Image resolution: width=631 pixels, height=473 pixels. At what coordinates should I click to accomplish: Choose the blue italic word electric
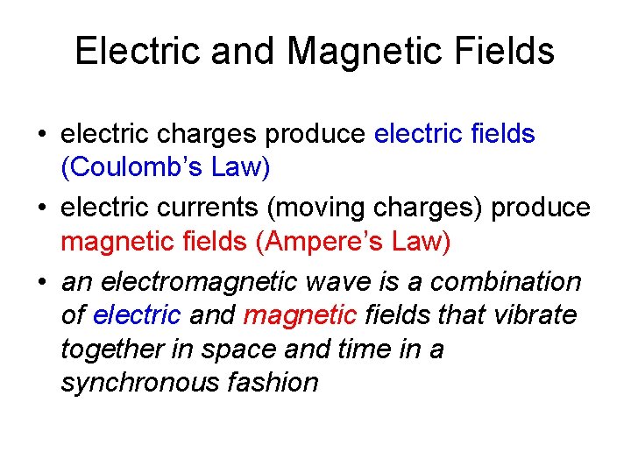(137, 314)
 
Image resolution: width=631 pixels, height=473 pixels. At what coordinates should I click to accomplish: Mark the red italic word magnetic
(301, 314)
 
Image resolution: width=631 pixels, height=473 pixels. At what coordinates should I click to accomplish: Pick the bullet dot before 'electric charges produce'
(42, 135)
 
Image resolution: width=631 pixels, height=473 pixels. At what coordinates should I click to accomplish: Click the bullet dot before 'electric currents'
(42, 209)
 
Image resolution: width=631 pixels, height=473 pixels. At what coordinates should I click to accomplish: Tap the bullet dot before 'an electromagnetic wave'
(42, 283)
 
